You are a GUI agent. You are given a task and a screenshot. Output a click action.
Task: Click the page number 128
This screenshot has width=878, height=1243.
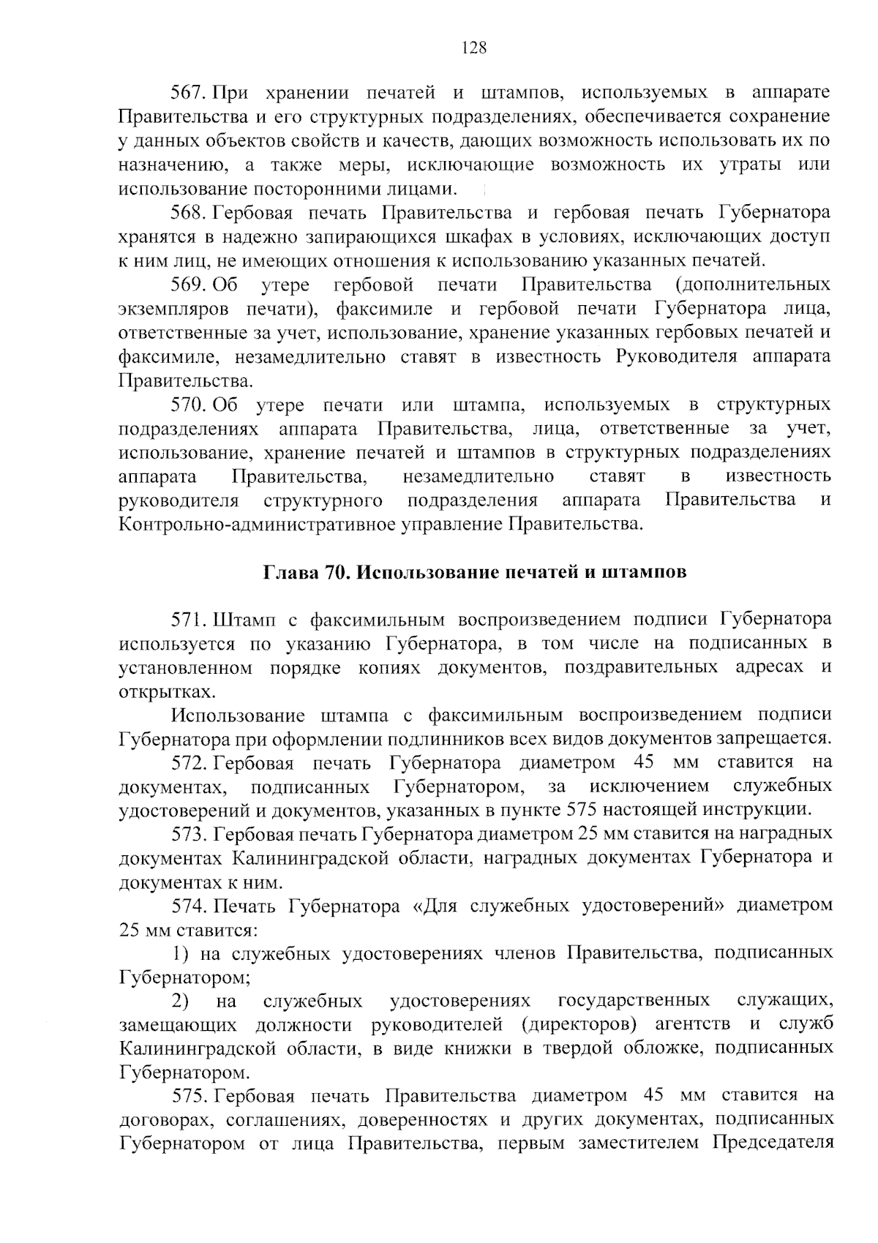474,49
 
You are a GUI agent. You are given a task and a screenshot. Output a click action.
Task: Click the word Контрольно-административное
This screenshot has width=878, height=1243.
255,524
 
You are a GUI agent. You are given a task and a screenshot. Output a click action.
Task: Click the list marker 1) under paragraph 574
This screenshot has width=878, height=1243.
180,953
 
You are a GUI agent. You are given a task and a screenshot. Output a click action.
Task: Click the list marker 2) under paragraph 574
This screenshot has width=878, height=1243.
180,1000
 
